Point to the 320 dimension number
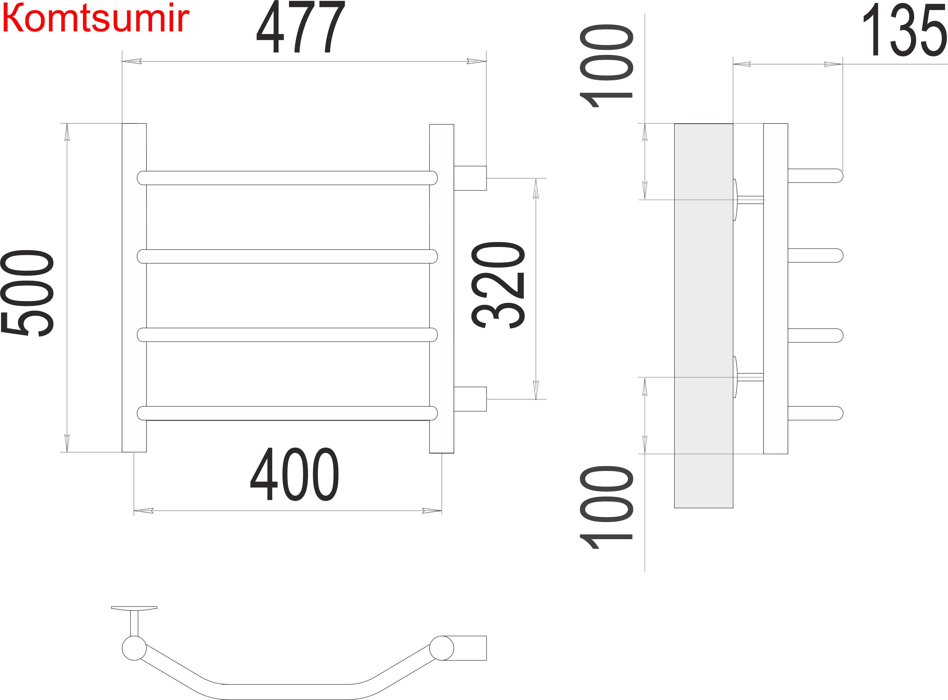498,285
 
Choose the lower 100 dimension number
607,508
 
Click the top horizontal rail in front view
287,178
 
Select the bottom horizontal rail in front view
287,413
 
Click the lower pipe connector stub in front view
470,399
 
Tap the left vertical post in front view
134,288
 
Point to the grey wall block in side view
704,316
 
